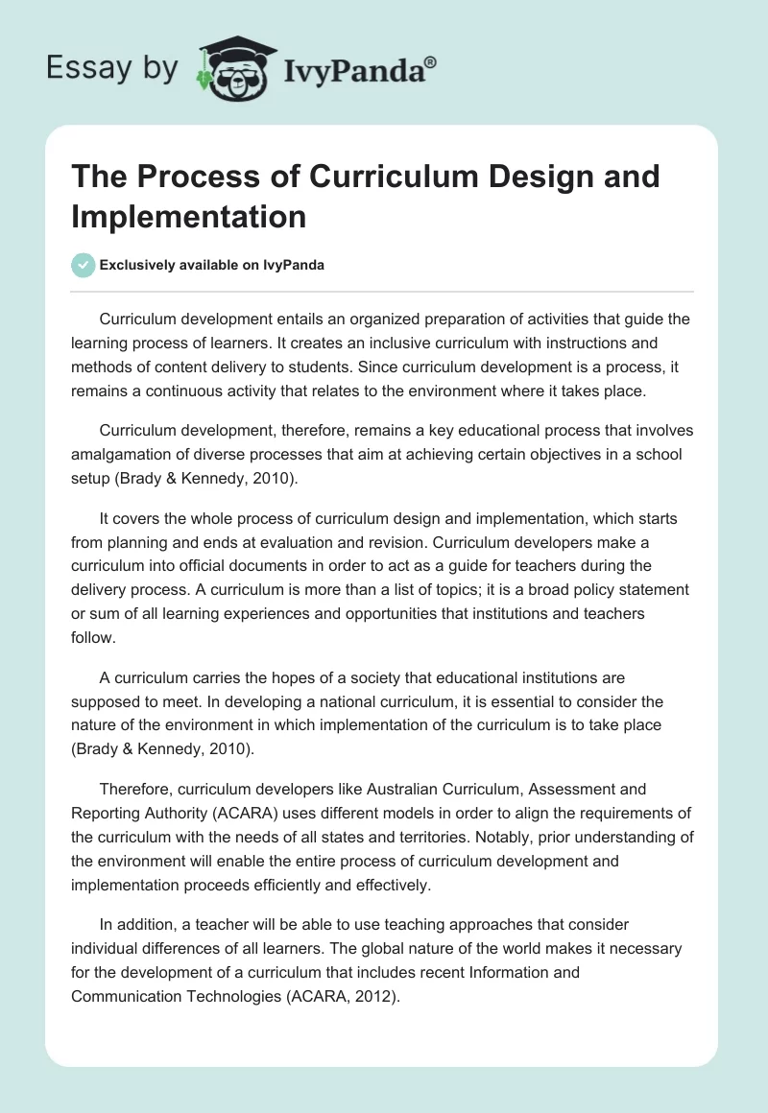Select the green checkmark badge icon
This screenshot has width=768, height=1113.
tap(84, 265)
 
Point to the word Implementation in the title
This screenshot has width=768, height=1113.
tap(188, 216)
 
